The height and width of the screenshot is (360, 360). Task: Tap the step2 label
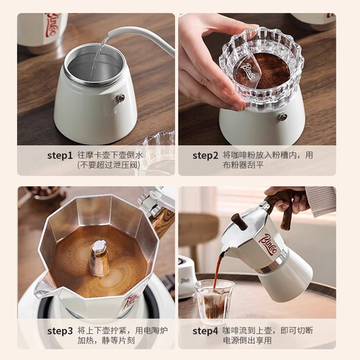coord(206,155)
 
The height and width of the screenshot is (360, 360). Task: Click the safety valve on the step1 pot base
coord(120,98)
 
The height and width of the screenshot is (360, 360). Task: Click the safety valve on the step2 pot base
coord(282,116)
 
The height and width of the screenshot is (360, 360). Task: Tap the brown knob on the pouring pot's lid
coord(238,223)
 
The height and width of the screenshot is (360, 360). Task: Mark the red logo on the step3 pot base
coord(131,298)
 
